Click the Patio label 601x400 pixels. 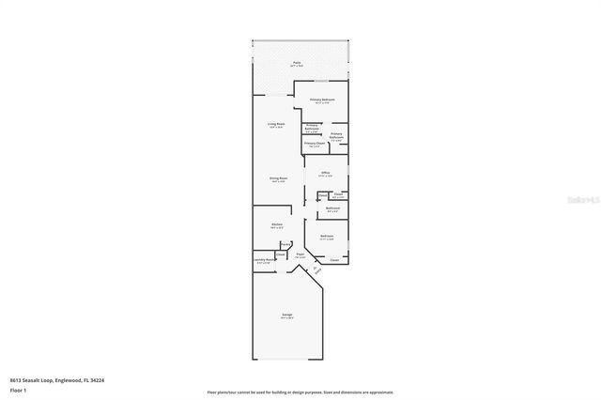tap(297, 63)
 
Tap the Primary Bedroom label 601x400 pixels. tap(323, 99)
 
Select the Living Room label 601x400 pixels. tap(276, 124)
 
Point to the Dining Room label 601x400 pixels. tap(278, 178)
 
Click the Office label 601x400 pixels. tap(326, 174)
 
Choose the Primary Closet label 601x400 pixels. tap(313, 144)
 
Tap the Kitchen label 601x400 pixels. tap(277, 224)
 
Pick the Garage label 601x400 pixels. tap(287, 315)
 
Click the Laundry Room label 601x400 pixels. tap(264, 261)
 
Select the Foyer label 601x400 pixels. tap(300, 254)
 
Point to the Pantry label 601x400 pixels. tap(285, 244)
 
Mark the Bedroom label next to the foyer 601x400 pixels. tap(327, 236)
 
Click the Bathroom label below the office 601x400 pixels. tap(333, 208)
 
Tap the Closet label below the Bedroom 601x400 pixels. tap(334, 260)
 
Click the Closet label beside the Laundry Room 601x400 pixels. tap(281, 254)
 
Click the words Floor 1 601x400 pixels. tap(18, 390)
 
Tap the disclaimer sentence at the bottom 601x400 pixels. tap(300, 392)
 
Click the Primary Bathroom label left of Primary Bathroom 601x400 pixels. tap(312, 129)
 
